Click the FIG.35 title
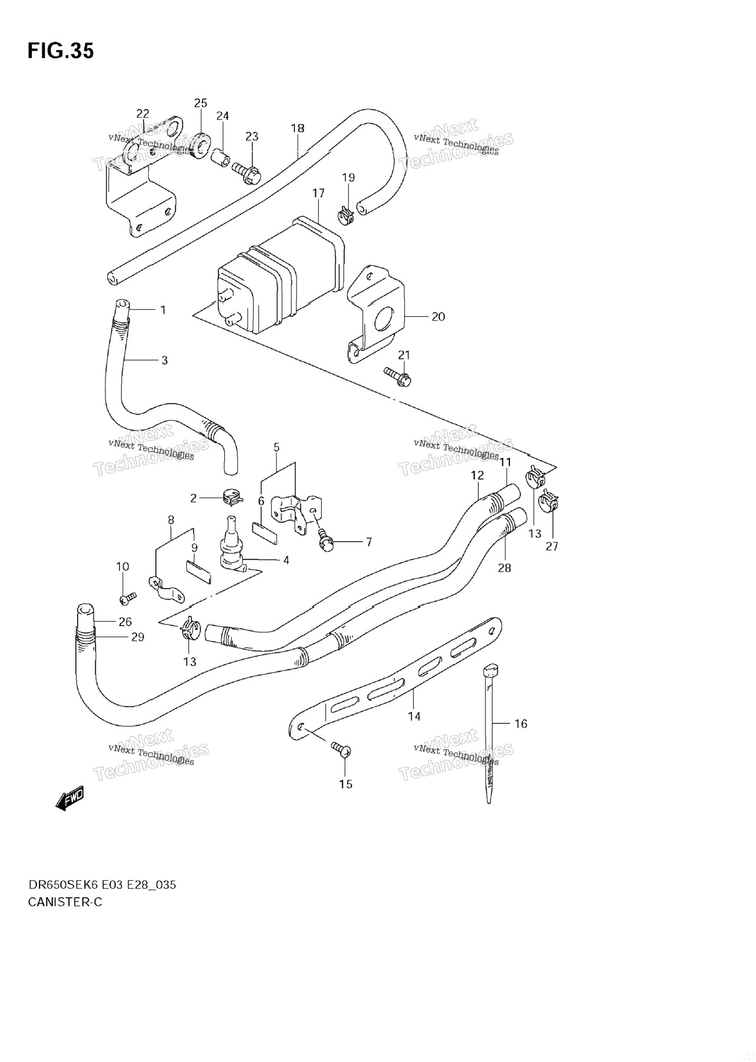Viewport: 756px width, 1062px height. pos(61,51)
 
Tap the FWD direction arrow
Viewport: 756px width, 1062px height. pos(70,799)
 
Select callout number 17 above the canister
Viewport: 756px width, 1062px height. pos(318,193)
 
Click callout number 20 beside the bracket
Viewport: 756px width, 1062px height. pos(438,316)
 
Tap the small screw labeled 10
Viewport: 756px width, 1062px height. pos(127,598)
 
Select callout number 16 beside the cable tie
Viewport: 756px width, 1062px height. pos(521,723)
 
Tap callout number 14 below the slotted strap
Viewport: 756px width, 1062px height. pos(414,716)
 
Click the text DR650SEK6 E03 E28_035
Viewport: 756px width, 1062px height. pos(102,884)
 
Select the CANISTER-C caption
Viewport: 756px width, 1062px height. pos(65,901)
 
